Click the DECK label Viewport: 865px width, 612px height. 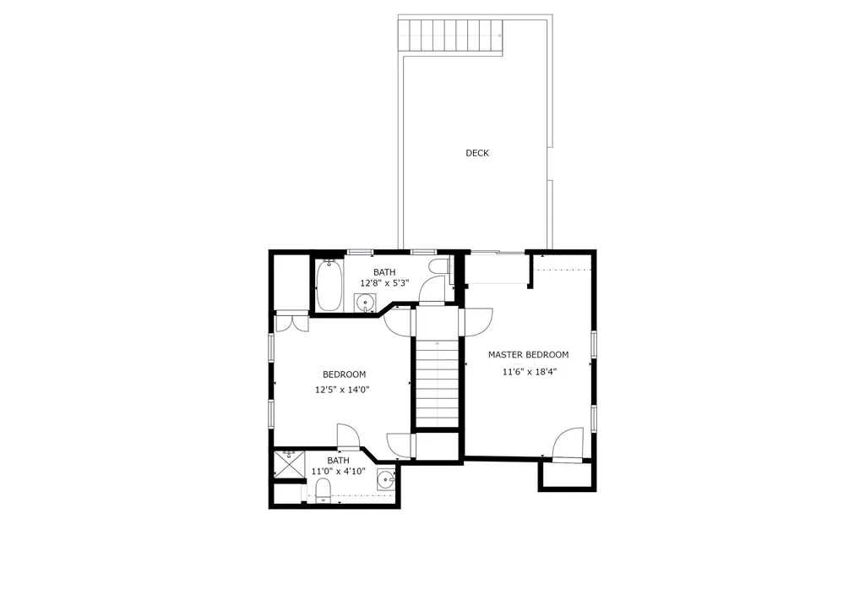tap(477, 153)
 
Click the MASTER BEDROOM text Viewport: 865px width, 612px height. tap(528, 355)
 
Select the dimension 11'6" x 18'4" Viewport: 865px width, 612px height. tap(530, 371)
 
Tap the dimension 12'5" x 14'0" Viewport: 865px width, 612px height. tap(342, 390)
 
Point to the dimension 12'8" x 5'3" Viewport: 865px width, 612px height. tap(384, 283)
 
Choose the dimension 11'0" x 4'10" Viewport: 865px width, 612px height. tap(338, 472)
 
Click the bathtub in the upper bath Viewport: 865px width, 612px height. tap(329, 283)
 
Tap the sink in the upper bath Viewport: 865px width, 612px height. tap(367, 303)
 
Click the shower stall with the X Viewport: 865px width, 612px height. tap(290, 463)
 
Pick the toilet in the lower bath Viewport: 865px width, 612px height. tap(323, 491)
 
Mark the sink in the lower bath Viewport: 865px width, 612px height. tap(386, 480)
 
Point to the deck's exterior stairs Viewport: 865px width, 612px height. tap(452, 35)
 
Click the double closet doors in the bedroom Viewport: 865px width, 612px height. tap(292, 322)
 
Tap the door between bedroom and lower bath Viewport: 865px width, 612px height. tap(349, 436)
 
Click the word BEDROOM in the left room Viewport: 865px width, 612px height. tap(344, 374)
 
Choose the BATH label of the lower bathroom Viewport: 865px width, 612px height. tap(338, 460)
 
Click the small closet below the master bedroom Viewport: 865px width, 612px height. tap(568, 475)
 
